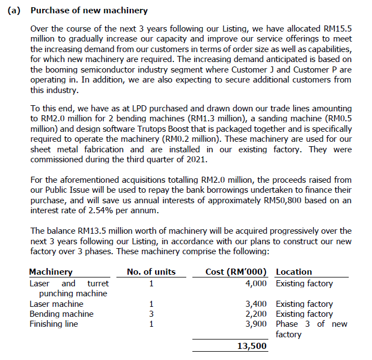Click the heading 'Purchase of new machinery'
89,11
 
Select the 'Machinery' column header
50,272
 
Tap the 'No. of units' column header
151,272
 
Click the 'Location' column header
294,272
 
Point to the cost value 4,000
256,284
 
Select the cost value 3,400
256,304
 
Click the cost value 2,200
256,314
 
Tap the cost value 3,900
256,324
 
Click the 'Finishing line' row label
54,324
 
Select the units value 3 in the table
151,314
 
